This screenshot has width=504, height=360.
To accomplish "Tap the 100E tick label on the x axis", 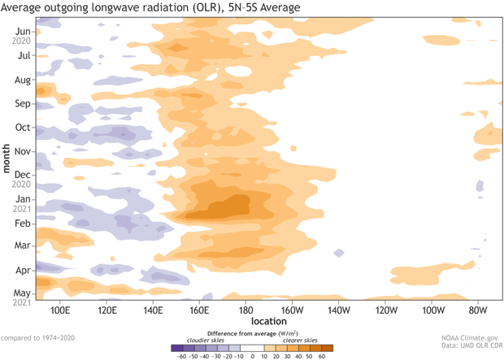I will coord(59,310).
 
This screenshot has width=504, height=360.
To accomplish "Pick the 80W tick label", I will coord(478,310).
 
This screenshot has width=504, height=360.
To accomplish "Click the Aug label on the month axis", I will coord(22,80).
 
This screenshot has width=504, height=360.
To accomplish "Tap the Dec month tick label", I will coord(22,175).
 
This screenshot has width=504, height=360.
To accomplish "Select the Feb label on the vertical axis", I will coord(22,222).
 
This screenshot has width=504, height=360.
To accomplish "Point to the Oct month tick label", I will coord(22,128).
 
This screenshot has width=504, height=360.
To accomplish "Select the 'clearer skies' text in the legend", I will coord(300,339).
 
